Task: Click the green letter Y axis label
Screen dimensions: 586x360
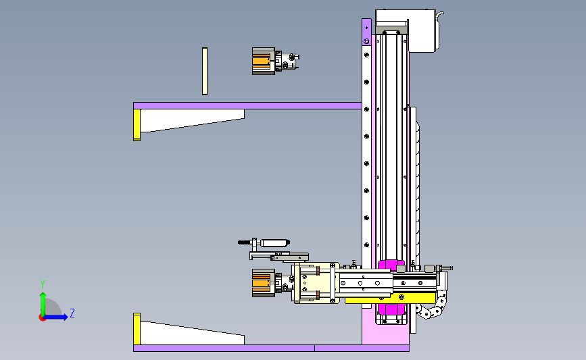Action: [43, 284]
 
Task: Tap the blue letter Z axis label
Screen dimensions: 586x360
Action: [72, 313]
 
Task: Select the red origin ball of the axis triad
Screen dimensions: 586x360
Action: [42, 318]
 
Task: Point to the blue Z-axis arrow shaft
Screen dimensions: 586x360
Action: [55, 317]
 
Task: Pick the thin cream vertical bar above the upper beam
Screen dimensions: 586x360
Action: [204, 71]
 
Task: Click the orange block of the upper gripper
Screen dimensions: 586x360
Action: [261, 61]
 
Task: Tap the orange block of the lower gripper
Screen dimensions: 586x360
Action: [261, 283]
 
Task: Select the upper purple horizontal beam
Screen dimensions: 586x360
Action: [247, 105]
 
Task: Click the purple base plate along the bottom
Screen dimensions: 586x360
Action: [271, 348]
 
